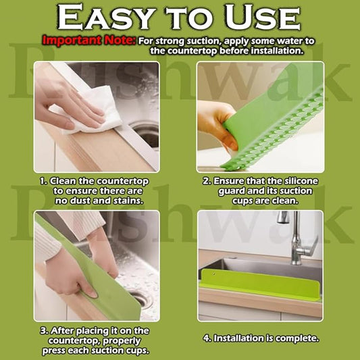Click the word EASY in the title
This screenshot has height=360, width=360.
coord(105,18)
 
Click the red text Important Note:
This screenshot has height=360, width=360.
coord(89,41)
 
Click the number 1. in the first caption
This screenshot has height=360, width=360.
coord(44,182)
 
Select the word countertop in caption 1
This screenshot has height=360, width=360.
coord(122,182)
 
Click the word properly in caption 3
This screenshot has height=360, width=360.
coord(122,341)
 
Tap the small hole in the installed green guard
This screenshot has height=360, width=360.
coord(213,274)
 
